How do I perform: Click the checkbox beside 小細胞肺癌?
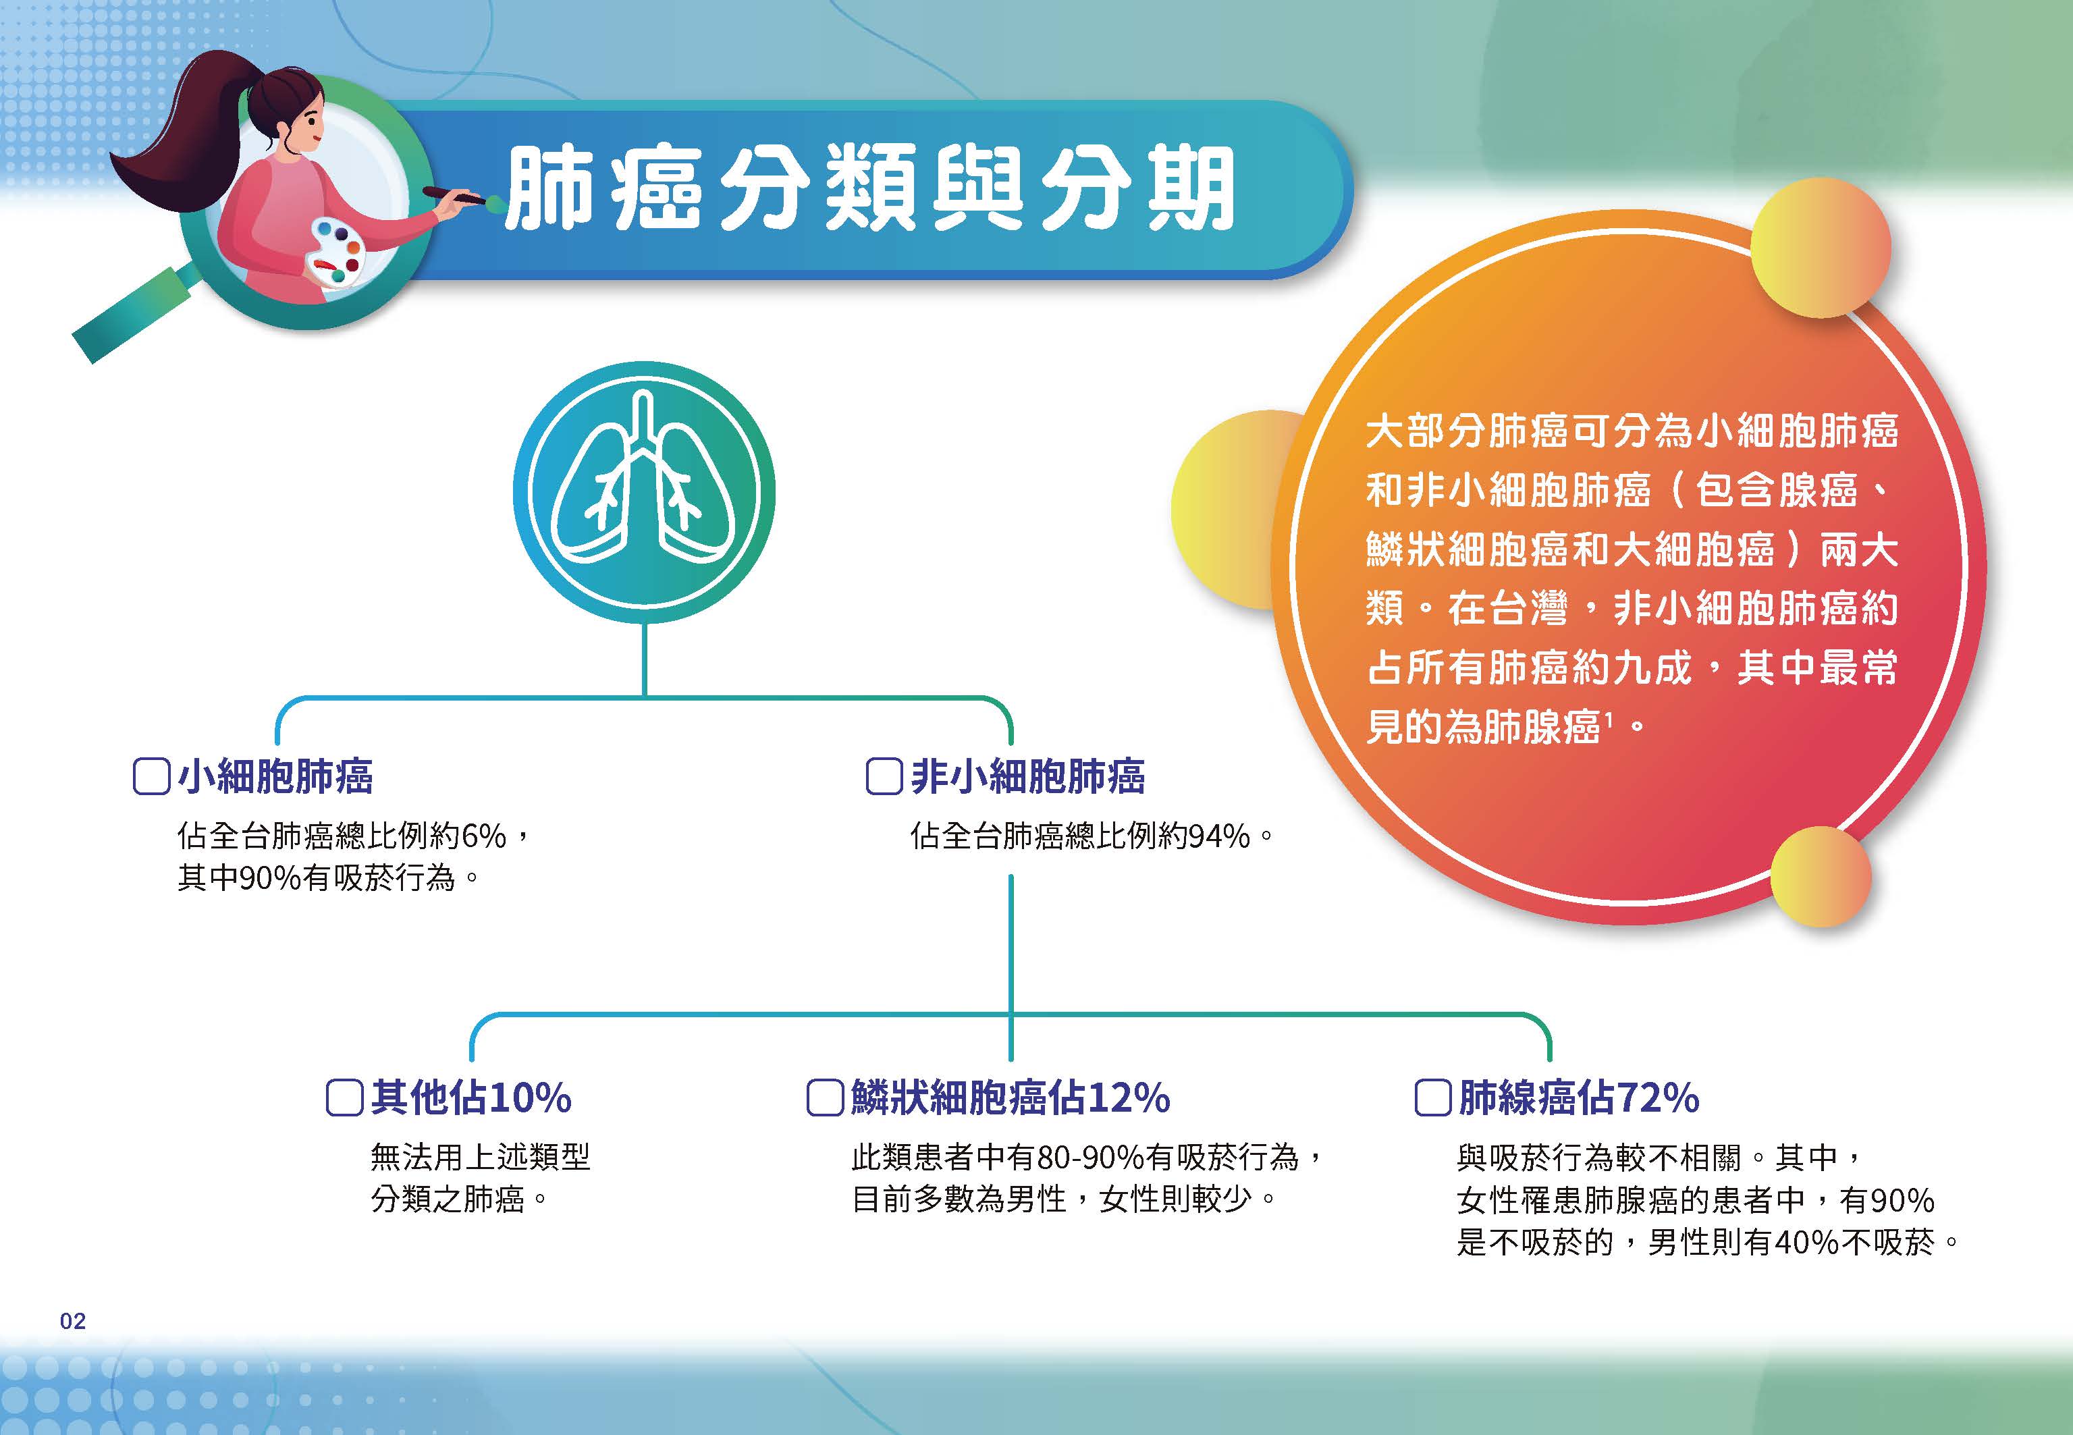coord(151,777)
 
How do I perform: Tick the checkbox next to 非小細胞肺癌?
coord(884,777)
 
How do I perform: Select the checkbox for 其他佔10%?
coord(344,1098)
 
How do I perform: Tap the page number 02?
coord(73,1321)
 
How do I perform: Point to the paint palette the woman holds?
coord(334,254)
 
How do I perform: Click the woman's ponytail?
coord(180,135)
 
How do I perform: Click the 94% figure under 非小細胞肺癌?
coord(1218,837)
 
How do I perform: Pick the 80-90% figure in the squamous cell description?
coord(1090,1157)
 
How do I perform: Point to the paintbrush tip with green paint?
coord(493,202)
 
